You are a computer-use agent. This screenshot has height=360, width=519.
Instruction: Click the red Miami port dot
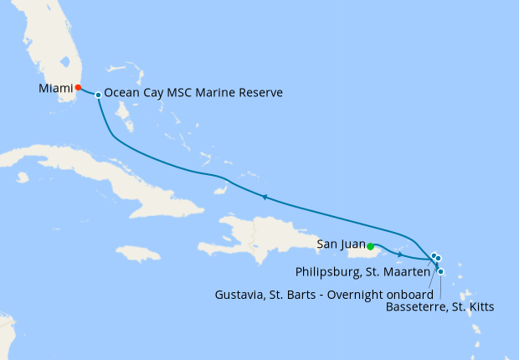tap(77, 87)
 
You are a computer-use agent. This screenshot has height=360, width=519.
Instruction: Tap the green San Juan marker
tap(370, 245)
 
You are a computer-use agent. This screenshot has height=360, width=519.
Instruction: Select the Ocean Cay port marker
tap(99, 95)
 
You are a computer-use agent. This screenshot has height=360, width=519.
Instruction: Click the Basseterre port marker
tap(441, 271)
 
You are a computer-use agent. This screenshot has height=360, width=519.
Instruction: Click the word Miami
tap(54, 87)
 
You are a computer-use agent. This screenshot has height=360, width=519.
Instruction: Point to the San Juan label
tap(341, 244)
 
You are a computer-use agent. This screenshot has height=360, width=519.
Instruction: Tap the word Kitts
tap(480, 308)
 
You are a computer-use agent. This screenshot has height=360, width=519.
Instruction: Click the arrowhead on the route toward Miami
tap(265, 198)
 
